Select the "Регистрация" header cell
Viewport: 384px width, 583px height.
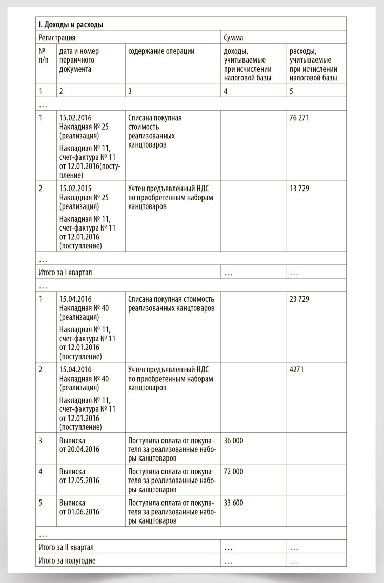tap(57, 38)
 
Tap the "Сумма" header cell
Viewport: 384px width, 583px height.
tap(233, 38)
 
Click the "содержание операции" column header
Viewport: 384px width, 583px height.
tap(161, 51)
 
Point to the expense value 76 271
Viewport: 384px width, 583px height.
tap(299, 118)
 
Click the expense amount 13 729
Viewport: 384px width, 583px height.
tap(299, 189)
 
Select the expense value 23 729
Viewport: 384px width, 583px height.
tap(299, 299)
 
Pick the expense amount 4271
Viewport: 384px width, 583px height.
tap(297, 369)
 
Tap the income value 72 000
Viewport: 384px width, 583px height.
tap(234, 471)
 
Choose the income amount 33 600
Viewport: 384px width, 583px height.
tap(234, 503)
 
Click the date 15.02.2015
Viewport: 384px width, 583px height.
tap(75, 189)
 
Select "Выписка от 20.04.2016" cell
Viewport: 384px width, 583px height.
tap(79, 445)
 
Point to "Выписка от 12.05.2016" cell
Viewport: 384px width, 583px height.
tap(79, 476)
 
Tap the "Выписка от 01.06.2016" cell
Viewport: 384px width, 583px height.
tap(79, 507)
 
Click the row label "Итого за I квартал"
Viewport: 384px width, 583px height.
tap(65, 273)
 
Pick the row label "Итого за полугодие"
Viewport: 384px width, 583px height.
tap(67, 560)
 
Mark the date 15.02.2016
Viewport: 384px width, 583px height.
tap(75, 118)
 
